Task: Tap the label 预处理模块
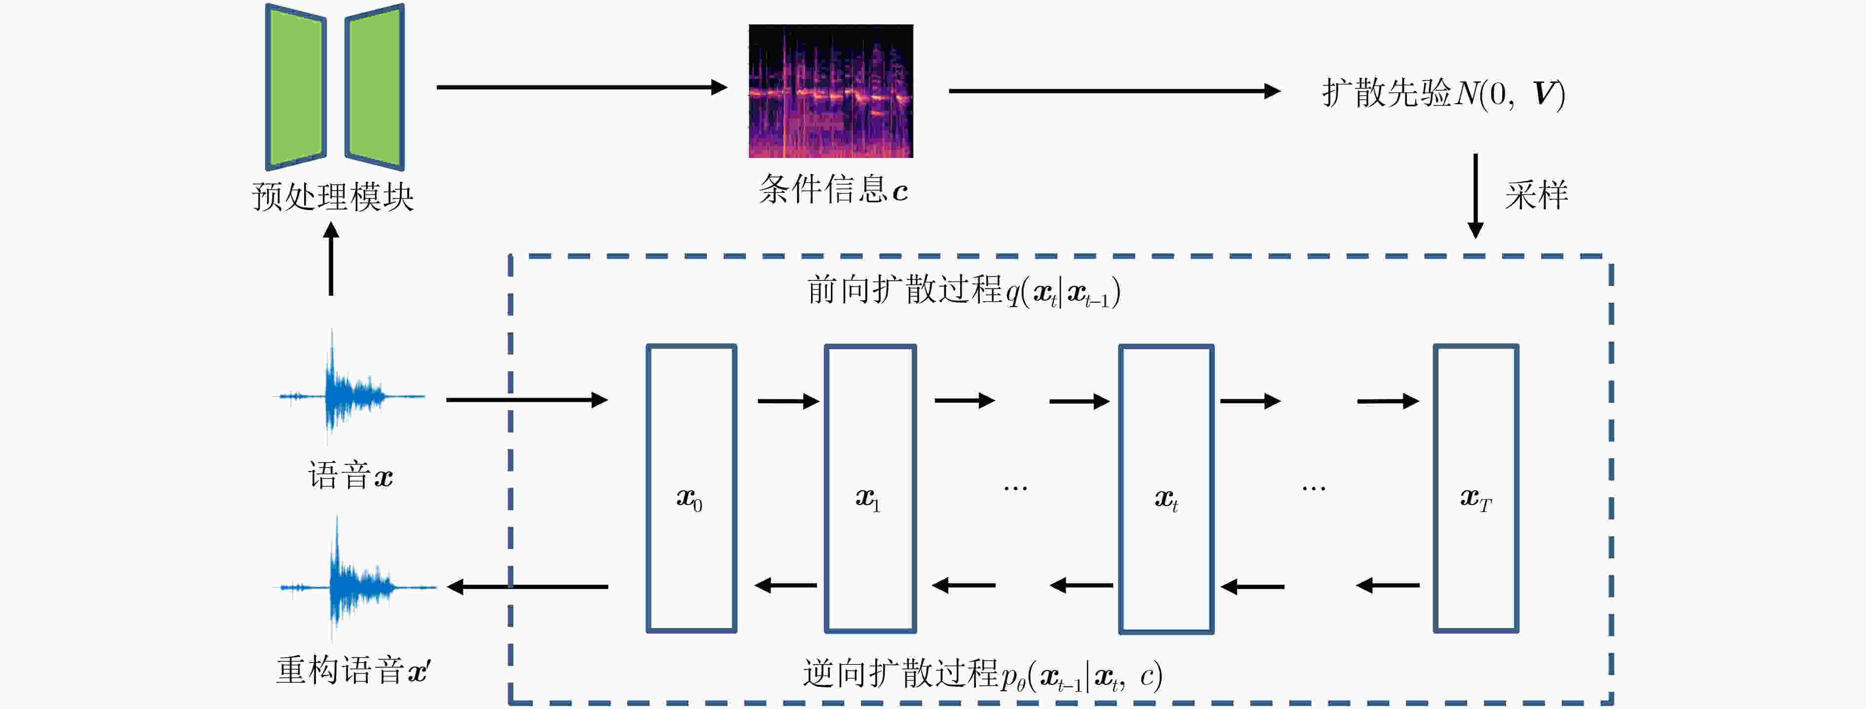pyautogui.click(x=333, y=197)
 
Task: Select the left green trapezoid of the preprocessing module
pyautogui.click(x=296, y=87)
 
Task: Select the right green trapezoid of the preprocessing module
pyautogui.click(x=375, y=87)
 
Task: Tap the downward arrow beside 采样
pyautogui.click(x=1475, y=196)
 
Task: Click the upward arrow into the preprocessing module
pyautogui.click(x=331, y=259)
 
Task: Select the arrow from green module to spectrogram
pyautogui.click(x=581, y=87)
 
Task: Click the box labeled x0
pyautogui.click(x=691, y=488)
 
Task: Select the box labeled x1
pyautogui.click(x=870, y=488)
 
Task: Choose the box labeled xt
pyautogui.click(x=1166, y=488)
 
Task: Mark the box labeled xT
pyautogui.click(x=1476, y=488)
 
